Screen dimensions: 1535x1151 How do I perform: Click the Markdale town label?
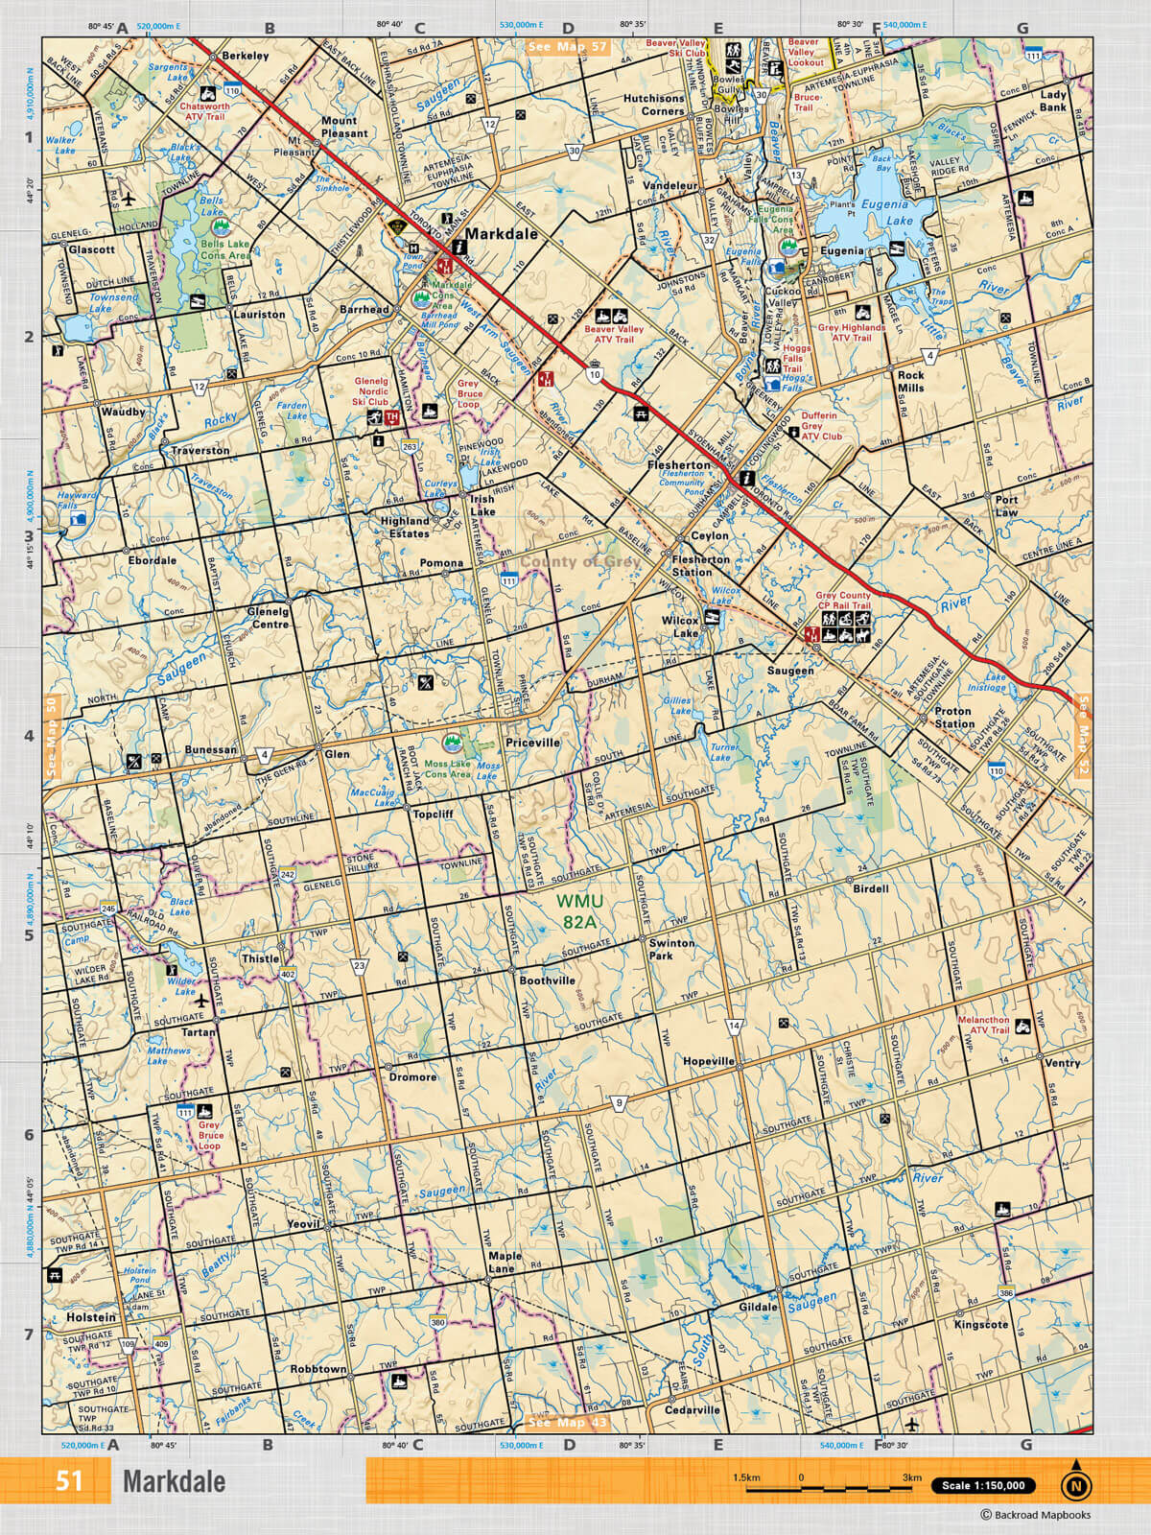pos(501,233)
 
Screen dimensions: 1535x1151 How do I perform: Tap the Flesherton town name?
pos(678,464)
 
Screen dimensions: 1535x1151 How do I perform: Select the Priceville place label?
pos(533,743)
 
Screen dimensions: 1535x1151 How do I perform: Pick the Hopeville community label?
pos(709,1062)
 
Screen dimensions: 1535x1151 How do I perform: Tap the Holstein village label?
pos(90,1317)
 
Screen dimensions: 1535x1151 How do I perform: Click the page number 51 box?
pos(69,1480)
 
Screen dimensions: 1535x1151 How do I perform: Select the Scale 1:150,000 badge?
pos(983,1485)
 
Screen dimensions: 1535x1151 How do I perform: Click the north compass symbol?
pos(1075,1483)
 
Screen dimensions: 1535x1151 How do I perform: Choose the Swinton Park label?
pos(671,949)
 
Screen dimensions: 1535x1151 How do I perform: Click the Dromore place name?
pos(413,1076)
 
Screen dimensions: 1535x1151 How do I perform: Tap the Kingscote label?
pos(981,1324)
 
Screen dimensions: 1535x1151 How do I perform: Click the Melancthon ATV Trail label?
pos(983,1026)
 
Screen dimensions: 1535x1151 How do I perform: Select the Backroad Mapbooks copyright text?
pos(1035,1516)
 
